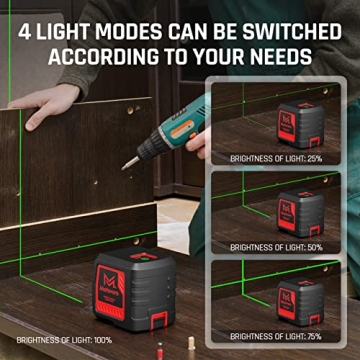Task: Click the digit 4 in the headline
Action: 23,21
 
